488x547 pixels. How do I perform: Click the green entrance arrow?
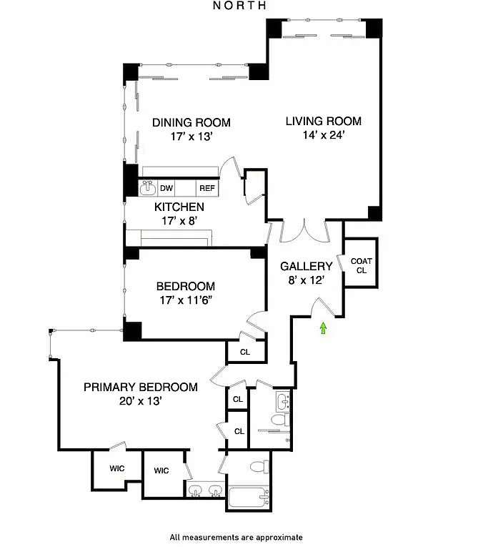point(324,328)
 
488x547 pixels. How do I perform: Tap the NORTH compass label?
point(239,5)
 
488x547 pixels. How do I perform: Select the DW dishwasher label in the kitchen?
point(166,188)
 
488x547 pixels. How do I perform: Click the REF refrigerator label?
point(207,188)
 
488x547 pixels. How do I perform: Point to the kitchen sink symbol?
point(148,187)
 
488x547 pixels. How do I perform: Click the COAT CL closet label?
point(362,265)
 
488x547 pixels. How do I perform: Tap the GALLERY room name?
point(307,266)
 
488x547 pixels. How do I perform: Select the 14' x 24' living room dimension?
point(324,135)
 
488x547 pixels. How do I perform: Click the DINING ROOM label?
point(191,122)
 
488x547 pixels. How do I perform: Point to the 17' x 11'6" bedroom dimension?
point(186,300)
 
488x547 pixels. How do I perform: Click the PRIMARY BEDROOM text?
point(141,387)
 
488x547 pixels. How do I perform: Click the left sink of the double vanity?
point(194,491)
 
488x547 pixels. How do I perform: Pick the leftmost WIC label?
point(117,468)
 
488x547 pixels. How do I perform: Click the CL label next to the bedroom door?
point(245,352)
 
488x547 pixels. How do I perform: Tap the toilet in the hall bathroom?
point(280,420)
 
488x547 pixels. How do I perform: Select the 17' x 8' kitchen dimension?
point(179,221)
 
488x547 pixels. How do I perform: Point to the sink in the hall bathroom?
point(283,402)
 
